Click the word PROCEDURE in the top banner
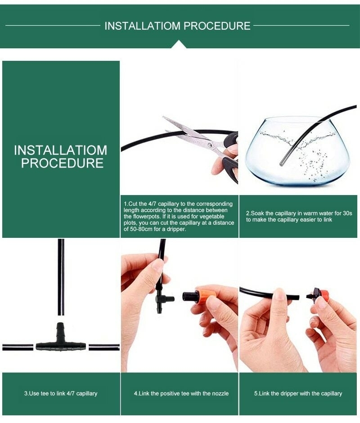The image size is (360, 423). pos(217,26)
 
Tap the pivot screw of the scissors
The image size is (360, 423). pos(210,145)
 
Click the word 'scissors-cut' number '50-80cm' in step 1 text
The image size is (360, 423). pos(138,229)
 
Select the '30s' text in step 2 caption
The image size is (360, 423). pos(347,213)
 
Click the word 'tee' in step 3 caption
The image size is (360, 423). pos(45,394)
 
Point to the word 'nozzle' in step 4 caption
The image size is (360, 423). pos(220,394)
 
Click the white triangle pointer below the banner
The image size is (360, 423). pos(179,44)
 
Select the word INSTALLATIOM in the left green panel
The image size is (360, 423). pos(61,150)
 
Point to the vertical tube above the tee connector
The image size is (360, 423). pos(61,277)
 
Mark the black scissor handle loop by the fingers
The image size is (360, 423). pos(231,138)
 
